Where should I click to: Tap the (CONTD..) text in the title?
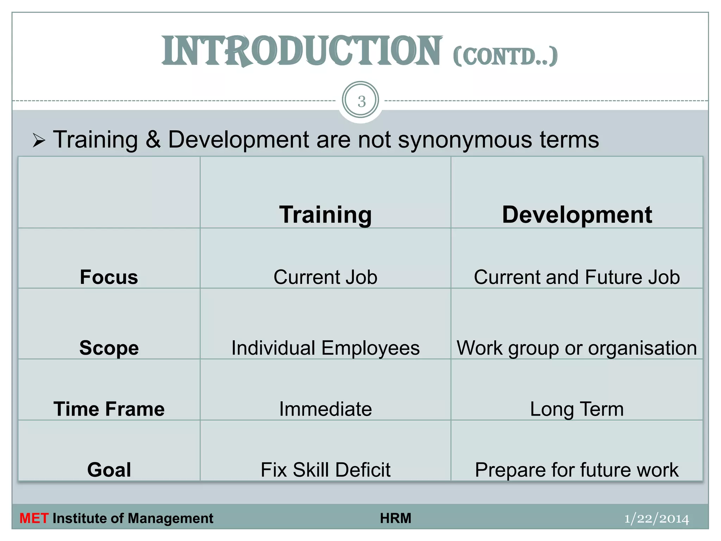(505, 56)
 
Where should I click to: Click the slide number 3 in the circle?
(361, 101)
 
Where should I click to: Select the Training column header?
(325, 214)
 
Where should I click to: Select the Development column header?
(577, 214)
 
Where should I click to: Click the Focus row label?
(109, 277)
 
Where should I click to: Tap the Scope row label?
(109, 348)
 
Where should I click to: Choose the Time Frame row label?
(109, 409)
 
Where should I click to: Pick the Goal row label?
(109, 470)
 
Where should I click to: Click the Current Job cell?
(325, 277)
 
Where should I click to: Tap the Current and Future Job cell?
(577, 277)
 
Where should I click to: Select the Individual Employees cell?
(325, 348)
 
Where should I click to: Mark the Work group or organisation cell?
(577, 348)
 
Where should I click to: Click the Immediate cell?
(325, 409)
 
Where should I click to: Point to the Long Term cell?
(577, 409)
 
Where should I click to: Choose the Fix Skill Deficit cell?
(325, 470)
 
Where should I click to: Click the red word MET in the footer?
(34, 518)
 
